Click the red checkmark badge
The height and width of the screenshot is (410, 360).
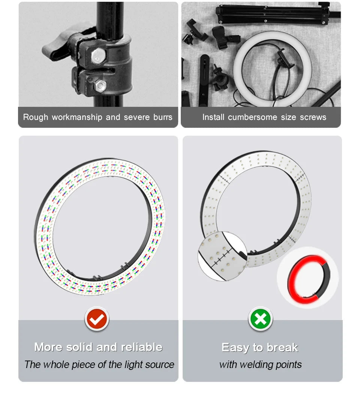[x=97, y=319]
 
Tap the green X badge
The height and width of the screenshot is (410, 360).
[x=261, y=319]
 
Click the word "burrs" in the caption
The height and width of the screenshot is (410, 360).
[x=163, y=117]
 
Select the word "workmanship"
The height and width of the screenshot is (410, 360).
[x=77, y=117]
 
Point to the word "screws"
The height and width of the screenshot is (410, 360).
[x=313, y=117]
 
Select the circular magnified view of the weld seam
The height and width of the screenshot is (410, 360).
[x=222, y=256]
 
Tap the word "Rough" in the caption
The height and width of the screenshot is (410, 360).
[x=36, y=117]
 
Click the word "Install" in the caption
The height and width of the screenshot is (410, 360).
[x=214, y=117]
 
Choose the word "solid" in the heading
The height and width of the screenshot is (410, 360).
[x=80, y=347]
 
